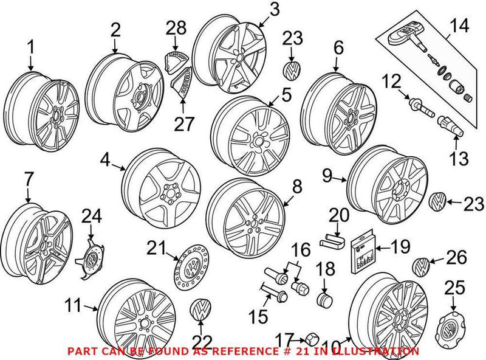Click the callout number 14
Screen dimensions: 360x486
pyautogui.click(x=460, y=27)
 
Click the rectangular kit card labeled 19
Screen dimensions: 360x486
pyautogui.click(x=362, y=254)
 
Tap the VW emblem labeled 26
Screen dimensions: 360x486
pyautogui.click(x=420, y=266)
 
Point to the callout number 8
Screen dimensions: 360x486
pyautogui.click(x=297, y=187)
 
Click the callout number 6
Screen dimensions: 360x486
pyautogui.click(x=338, y=48)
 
